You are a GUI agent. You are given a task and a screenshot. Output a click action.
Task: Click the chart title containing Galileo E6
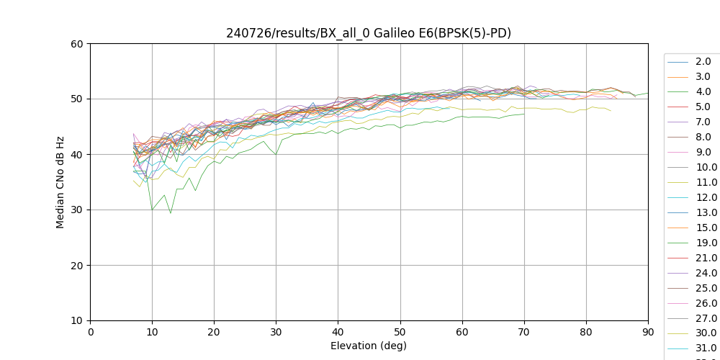pyautogui.click(x=369, y=32)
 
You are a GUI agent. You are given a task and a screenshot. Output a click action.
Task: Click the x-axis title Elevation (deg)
pyautogui.click(x=369, y=346)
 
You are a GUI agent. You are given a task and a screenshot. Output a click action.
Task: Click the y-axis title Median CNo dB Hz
pyautogui.click(x=60, y=181)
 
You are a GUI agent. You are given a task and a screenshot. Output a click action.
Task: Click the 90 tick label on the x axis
pyautogui.click(x=648, y=332)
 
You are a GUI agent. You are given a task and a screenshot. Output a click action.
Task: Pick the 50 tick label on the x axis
pyautogui.click(x=400, y=332)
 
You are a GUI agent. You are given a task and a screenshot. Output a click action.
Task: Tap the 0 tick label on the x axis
pyautogui.click(x=90, y=332)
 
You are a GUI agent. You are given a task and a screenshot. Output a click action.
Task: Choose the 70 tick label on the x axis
pyautogui.click(x=523, y=332)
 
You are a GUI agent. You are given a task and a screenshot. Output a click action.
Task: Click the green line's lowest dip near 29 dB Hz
pyautogui.click(x=171, y=213)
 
